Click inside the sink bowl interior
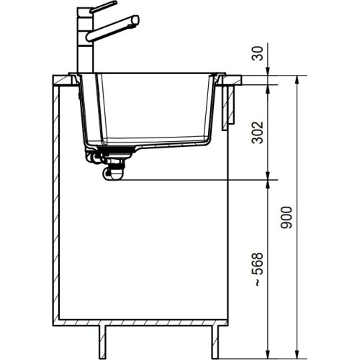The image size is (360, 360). (151, 108)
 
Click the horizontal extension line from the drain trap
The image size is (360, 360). (194, 179)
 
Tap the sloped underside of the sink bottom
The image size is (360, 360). (173, 146)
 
